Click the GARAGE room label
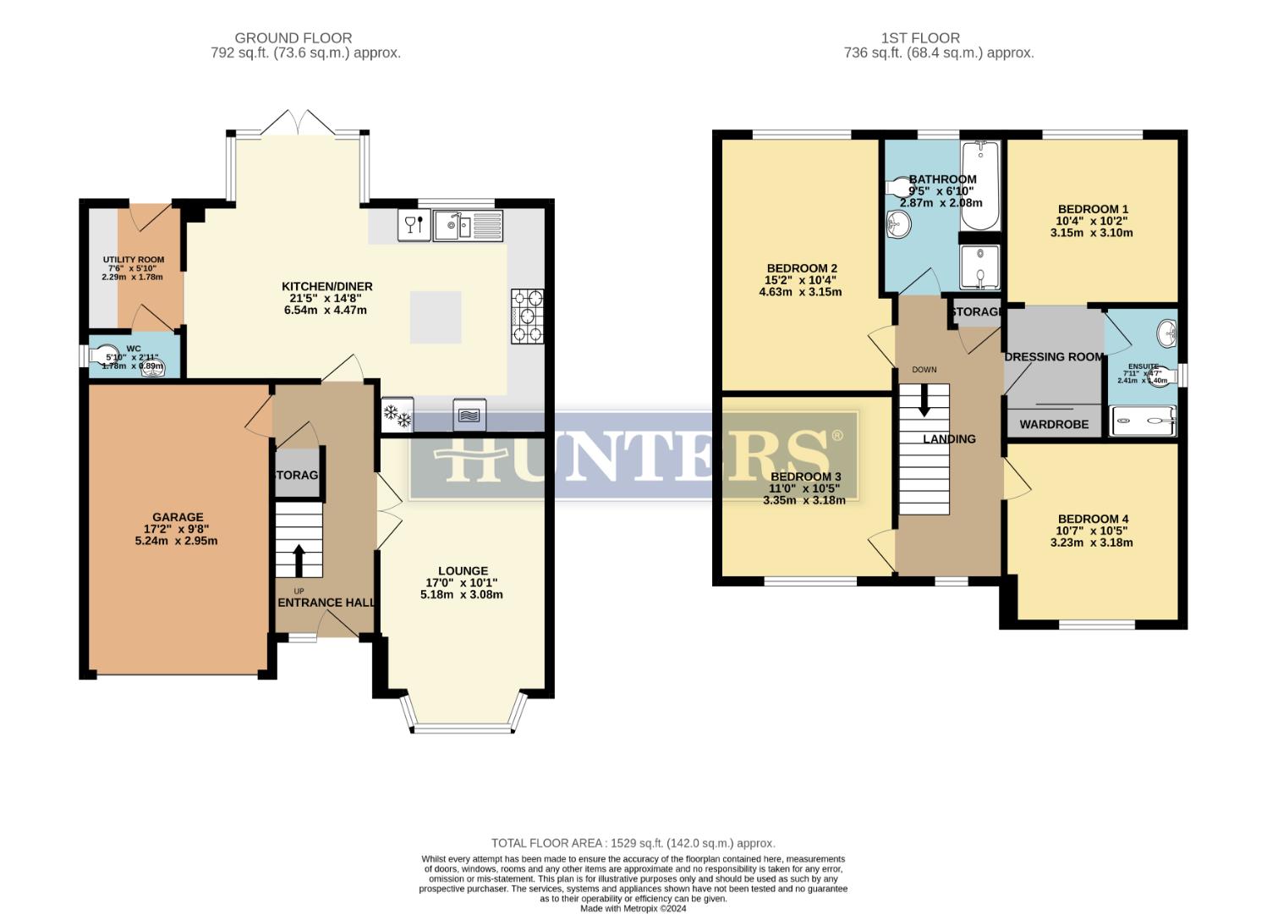click(x=178, y=517)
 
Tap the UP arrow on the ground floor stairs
click(x=299, y=559)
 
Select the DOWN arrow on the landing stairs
click(x=924, y=399)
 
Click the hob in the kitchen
click(x=528, y=317)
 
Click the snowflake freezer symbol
click(x=398, y=416)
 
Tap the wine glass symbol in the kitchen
click(x=414, y=225)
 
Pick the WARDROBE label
click(x=1054, y=424)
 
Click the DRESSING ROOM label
click(x=1054, y=356)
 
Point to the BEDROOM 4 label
click(x=1093, y=519)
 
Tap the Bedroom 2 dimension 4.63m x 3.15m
click(x=800, y=292)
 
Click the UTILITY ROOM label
click(x=134, y=260)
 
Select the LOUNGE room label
click(x=463, y=570)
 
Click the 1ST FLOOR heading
click(x=920, y=38)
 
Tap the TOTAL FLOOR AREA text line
click(x=633, y=843)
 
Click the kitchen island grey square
click(x=436, y=317)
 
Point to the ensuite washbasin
click(x=1167, y=332)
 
